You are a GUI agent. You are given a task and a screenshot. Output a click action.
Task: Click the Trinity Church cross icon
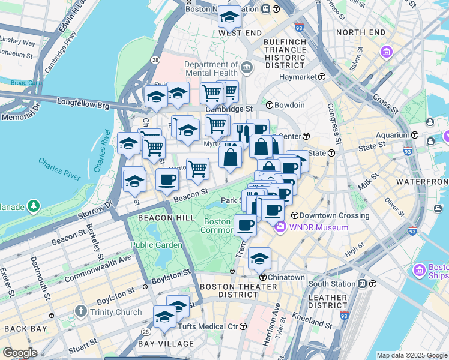coord(82,311)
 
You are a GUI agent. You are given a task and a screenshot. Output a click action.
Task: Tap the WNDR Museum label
coord(318,227)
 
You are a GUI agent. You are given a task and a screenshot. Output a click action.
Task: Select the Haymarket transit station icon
coord(322,77)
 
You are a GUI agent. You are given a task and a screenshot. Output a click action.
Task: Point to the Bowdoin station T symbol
coord(270,105)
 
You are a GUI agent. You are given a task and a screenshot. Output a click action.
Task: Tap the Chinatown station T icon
coord(263,277)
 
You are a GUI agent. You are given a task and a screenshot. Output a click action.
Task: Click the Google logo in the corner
coord(20,353)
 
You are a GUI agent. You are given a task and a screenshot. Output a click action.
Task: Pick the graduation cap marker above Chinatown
coord(259,258)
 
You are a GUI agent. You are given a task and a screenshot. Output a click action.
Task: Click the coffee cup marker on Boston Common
coord(244,225)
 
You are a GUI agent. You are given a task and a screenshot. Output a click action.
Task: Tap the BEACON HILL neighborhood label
coord(160,217)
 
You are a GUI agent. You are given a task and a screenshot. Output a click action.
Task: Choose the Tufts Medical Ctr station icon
coord(243,326)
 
